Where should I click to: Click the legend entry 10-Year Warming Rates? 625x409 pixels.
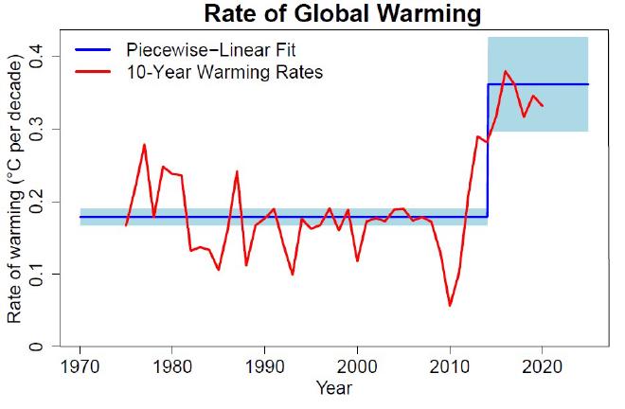225,73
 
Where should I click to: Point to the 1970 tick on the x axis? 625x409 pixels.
80,367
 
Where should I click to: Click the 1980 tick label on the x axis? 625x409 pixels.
172,367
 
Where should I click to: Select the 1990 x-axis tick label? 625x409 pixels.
265,367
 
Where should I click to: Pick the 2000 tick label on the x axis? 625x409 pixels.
358,367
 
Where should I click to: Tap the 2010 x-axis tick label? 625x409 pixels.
451,367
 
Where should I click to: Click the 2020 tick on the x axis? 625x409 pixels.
543,367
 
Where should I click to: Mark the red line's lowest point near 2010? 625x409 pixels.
450,305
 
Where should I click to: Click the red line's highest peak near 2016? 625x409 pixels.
506,71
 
